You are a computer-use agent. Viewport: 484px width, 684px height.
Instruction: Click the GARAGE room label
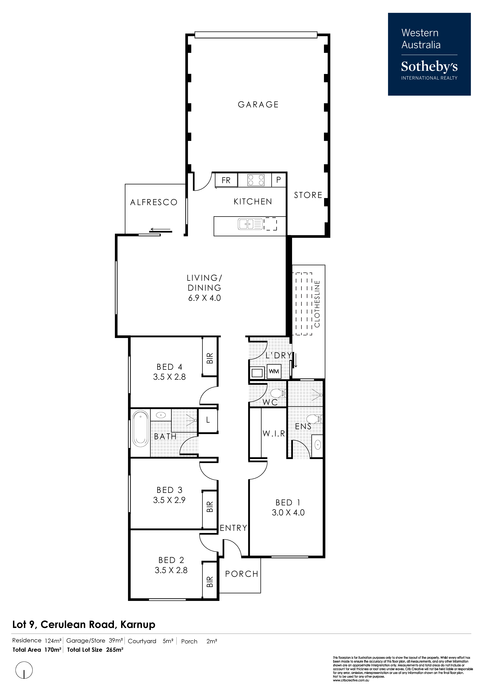point(258,105)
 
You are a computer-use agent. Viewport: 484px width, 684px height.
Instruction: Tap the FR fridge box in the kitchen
point(226,180)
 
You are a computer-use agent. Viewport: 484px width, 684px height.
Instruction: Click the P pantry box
point(279,180)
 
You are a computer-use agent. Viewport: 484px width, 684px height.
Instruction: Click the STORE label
point(308,195)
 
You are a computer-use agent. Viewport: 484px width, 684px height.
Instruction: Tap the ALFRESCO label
point(154,203)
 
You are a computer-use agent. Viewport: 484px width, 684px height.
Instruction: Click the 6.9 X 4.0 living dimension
point(205,298)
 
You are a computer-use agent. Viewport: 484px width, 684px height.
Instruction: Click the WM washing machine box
point(274,371)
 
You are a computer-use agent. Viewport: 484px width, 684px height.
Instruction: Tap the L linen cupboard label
point(208,420)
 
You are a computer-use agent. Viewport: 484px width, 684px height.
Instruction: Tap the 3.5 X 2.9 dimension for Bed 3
point(169,500)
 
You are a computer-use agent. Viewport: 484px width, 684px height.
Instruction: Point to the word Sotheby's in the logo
point(429,67)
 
